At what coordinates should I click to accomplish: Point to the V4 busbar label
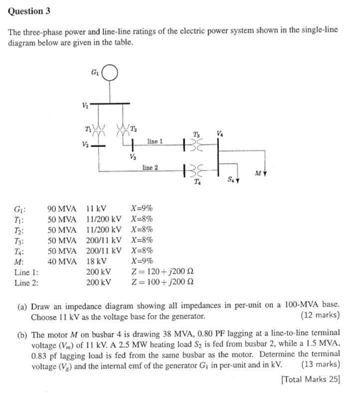coord(220,133)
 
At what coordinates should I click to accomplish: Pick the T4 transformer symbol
coord(192,171)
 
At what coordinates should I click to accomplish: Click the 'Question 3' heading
coord(29,10)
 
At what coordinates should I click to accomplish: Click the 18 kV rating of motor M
coord(96,261)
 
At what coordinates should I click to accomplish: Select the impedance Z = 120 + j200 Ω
coord(162,272)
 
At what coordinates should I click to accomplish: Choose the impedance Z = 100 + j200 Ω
coord(162,282)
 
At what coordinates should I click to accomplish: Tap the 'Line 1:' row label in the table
coord(26,272)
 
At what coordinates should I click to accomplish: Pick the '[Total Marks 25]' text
coord(311,379)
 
